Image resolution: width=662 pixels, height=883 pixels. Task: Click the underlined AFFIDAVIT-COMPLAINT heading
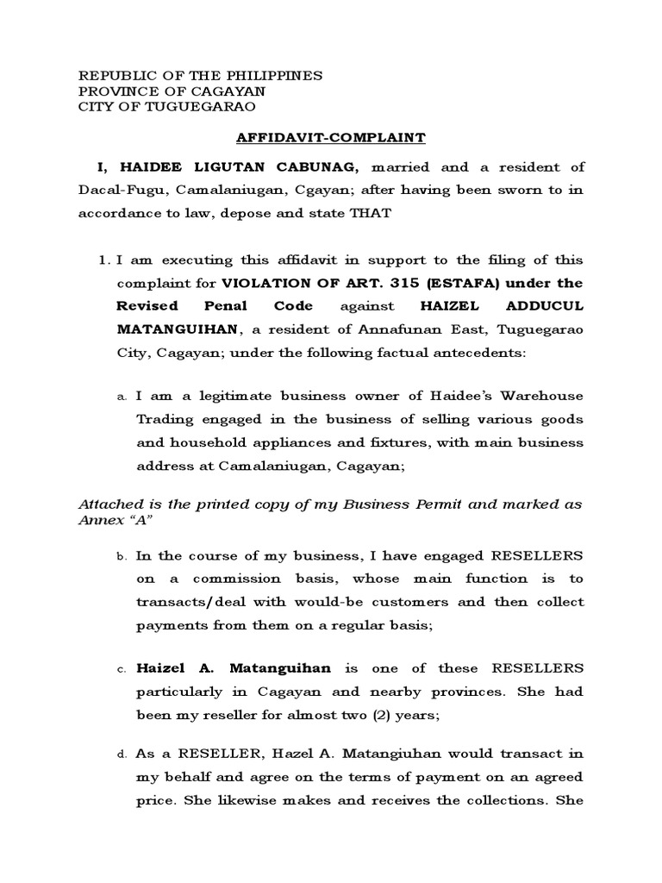click(330, 137)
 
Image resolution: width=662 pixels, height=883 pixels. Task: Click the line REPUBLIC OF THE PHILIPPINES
click(200, 76)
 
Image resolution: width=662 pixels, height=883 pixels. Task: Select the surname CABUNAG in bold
click(302, 166)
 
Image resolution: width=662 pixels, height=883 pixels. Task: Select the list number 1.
click(103, 260)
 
